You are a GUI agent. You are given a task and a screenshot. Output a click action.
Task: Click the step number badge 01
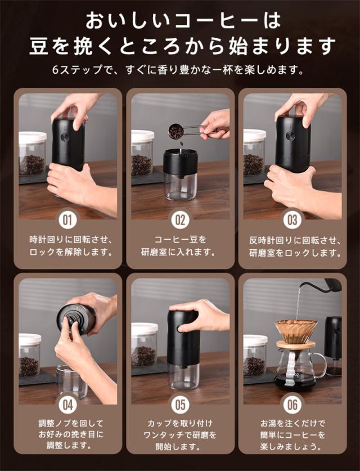67,220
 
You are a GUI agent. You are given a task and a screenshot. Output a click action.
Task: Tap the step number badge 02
180,220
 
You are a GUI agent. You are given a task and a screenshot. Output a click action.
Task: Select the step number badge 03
292,220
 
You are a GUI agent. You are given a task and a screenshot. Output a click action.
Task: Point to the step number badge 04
67,405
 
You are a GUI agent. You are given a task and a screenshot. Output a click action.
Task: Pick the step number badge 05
180,405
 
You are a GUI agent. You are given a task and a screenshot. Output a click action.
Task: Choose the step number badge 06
292,405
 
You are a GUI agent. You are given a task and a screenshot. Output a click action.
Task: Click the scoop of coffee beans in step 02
177,132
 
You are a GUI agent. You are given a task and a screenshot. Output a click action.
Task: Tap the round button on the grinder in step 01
65,137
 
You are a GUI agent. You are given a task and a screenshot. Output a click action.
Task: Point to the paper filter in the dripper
296,330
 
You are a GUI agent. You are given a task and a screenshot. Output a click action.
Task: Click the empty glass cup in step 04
71,382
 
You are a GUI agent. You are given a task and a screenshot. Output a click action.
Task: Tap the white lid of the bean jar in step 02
143,136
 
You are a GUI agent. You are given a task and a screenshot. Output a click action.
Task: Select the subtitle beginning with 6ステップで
178,70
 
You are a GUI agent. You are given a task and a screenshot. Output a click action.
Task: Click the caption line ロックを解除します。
71,252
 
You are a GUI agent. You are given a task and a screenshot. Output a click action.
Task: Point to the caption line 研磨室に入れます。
179,252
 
